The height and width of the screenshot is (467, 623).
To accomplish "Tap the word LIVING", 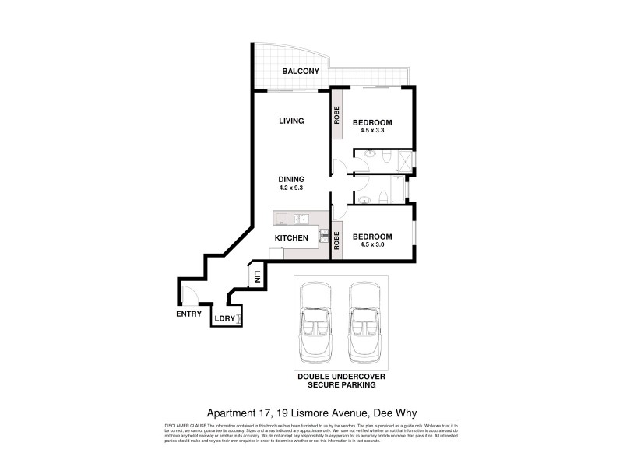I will (291, 121).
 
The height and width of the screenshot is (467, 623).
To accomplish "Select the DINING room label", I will (291, 179).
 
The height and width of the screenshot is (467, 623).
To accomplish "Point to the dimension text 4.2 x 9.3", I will (291, 188).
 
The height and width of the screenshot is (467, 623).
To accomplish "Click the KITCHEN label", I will (293, 237).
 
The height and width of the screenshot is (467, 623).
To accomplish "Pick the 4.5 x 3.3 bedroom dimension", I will (371, 132).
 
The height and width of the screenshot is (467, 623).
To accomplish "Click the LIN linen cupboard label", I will (256, 276).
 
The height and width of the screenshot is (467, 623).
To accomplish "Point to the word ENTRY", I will (188, 314).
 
